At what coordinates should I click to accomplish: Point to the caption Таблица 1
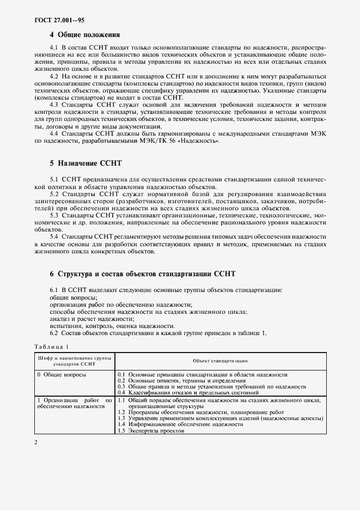click(52, 347)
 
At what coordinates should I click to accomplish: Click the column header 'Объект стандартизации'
click(220, 361)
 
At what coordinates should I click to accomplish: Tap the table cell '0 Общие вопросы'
click(62, 375)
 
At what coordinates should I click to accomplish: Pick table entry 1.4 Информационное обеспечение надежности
click(180, 424)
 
